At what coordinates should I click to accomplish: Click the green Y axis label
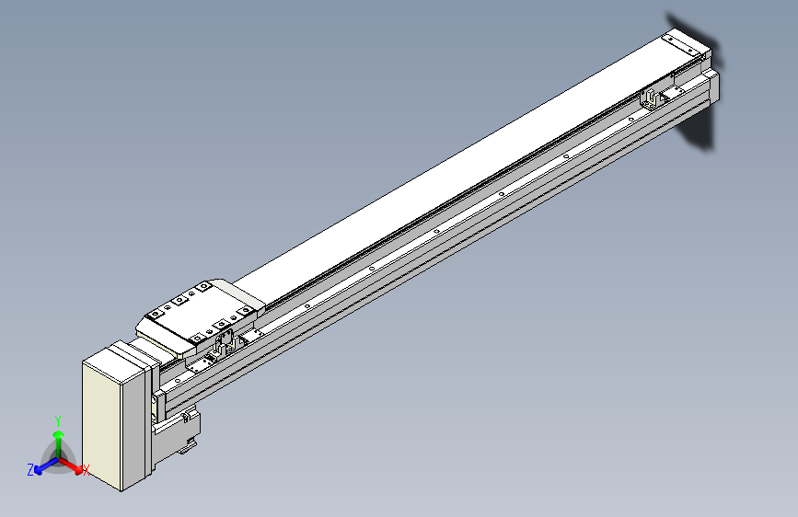point(58,421)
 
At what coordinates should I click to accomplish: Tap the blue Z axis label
point(30,470)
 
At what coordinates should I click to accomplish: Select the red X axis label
point(86,470)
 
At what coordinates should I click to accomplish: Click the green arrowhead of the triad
point(59,434)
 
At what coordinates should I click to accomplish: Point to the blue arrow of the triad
point(47,465)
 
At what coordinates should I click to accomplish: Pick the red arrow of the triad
point(70,465)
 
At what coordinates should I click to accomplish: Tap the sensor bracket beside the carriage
point(225,342)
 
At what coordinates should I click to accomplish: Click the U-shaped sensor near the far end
point(650,98)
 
